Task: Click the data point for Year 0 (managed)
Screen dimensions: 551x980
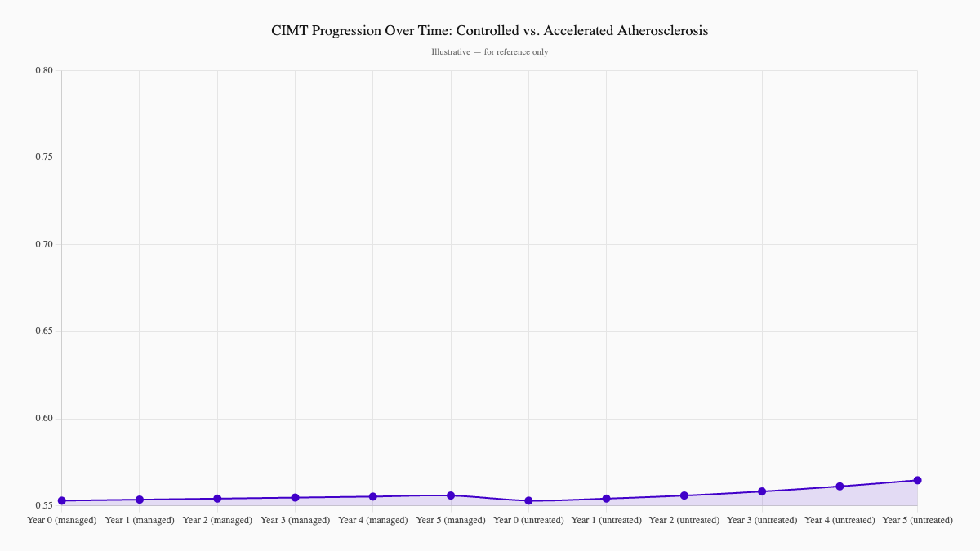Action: pyautogui.click(x=62, y=500)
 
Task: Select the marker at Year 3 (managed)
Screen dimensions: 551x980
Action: pyautogui.click(x=296, y=497)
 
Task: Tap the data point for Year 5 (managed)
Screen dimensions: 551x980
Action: pyautogui.click(x=451, y=495)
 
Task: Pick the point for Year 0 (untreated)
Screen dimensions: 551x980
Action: pyautogui.click(x=528, y=500)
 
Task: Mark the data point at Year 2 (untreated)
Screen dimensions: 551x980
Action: pyautogui.click(x=684, y=495)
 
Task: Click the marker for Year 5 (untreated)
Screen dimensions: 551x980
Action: pyautogui.click(x=917, y=480)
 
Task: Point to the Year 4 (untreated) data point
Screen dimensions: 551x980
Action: pyautogui.click(x=840, y=487)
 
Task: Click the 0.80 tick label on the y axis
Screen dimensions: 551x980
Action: pyautogui.click(x=44, y=70)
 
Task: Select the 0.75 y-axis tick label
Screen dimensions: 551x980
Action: pyautogui.click(x=44, y=158)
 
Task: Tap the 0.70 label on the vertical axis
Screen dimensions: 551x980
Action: pyautogui.click(x=44, y=245)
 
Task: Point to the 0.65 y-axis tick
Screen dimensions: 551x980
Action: pyautogui.click(x=44, y=331)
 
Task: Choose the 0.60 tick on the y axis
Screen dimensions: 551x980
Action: pyautogui.click(x=44, y=419)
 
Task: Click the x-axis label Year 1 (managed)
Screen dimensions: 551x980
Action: pyautogui.click(x=140, y=520)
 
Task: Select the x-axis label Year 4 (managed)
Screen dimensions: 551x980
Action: pyautogui.click(x=373, y=520)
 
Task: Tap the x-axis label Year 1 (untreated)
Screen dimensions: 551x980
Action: pyautogui.click(x=606, y=520)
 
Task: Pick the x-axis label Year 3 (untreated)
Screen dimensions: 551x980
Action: pyautogui.click(x=762, y=520)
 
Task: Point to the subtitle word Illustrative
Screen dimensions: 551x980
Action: pyautogui.click(x=450, y=52)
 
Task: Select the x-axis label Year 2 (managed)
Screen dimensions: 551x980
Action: pyautogui.click(x=217, y=520)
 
